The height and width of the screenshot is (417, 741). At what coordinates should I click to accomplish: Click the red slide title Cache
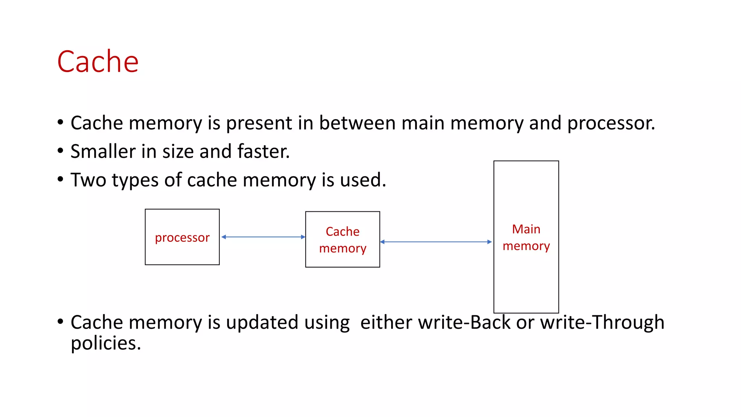[x=98, y=62]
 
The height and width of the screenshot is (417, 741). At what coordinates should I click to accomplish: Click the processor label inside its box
[x=182, y=237]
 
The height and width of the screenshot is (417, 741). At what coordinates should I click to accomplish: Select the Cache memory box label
[x=343, y=240]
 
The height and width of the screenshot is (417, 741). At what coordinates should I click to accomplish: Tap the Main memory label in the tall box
[x=526, y=237]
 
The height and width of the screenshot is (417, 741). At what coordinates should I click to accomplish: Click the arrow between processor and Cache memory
[x=263, y=237]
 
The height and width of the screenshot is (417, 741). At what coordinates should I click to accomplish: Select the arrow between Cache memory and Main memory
[x=436, y=242]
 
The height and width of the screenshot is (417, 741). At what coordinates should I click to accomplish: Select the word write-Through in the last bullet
[x=602, y=322]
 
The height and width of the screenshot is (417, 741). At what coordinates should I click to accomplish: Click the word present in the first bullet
[x=259, y=123]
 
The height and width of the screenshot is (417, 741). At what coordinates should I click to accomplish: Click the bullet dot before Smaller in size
[x=60, y=151]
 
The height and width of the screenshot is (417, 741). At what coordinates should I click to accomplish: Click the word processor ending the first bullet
[x=611, y=123]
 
